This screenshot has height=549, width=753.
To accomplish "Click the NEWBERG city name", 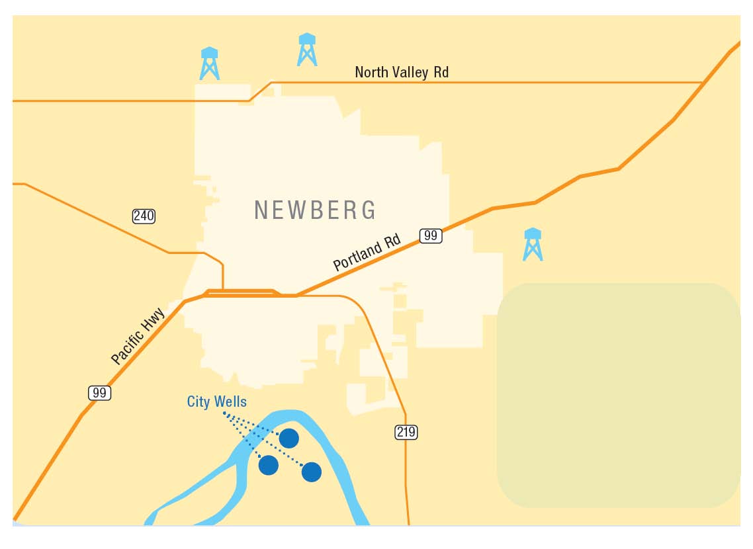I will pos(316,210).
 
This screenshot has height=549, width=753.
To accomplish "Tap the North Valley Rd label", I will pos(402,72).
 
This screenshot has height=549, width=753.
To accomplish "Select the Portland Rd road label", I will pos(367,255).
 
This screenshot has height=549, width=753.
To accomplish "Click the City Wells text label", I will pos(217,401).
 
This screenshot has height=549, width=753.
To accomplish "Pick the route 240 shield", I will pos(144,216).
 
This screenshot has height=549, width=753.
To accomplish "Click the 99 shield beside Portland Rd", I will pos(430,235).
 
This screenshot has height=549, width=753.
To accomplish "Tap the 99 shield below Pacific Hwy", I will pos(99,393).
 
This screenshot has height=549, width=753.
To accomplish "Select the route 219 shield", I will pos(406,433).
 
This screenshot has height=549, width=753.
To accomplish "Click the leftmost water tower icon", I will pos(210,63).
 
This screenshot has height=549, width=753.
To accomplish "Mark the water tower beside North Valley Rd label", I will pos(307,50).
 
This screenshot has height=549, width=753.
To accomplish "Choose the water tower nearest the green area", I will pos(533,244).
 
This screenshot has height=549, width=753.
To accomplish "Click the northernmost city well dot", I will pos(288,438).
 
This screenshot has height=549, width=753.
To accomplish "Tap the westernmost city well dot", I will pos(268,465).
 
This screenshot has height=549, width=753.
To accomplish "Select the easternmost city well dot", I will pos(312,472).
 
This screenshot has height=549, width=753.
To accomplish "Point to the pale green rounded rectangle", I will pos(619,395).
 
